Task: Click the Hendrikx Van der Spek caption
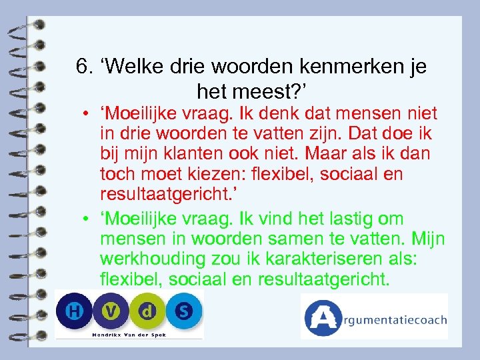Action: click(129, 333)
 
